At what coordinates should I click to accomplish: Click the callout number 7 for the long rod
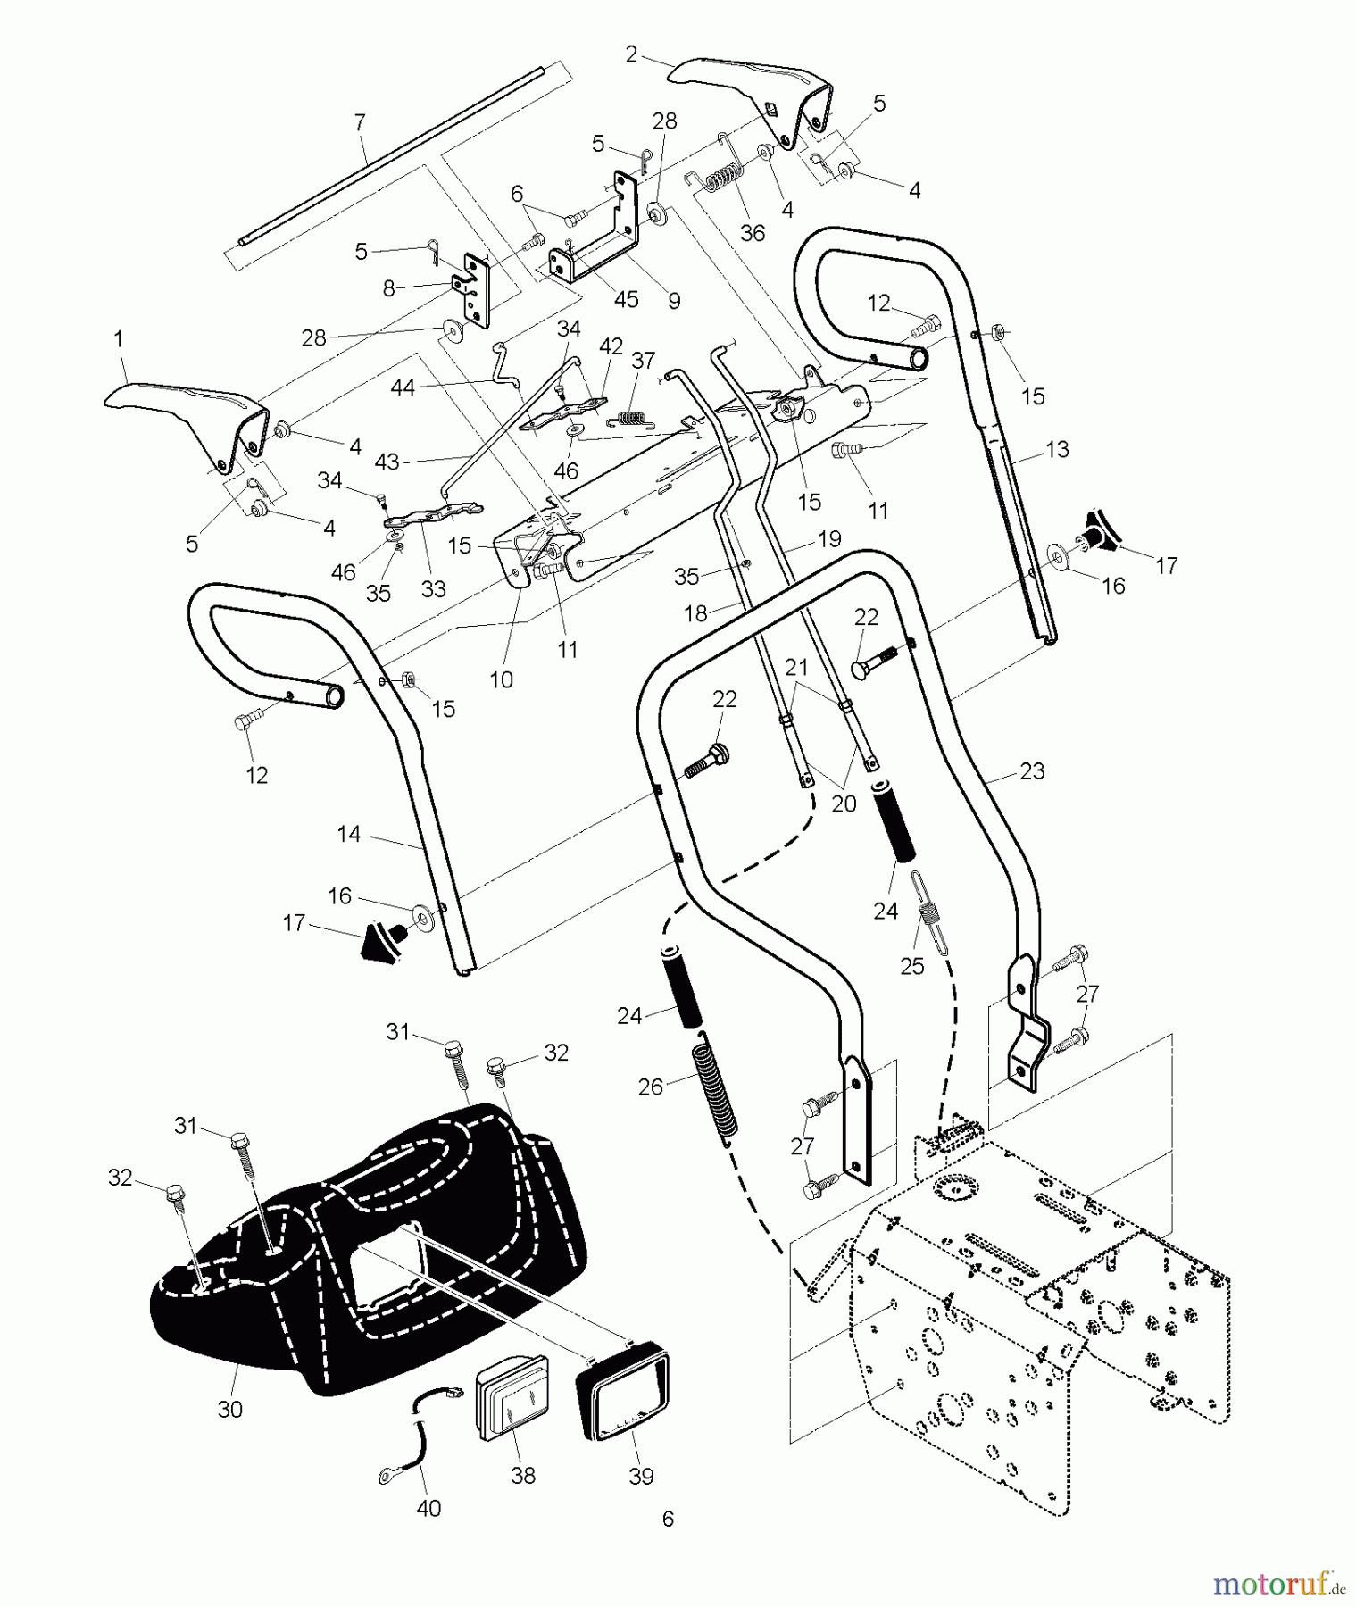[360, 122]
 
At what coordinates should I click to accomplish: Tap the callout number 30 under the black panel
[230, 1410]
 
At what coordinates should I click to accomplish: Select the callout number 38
[523, 1476]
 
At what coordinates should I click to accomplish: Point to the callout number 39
[641, 1476]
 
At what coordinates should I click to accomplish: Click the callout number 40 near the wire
[428, 1508]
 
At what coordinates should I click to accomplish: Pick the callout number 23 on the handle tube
[1032, 770]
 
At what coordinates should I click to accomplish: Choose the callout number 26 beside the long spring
[651, 1087]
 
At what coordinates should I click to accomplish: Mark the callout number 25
[911, 966]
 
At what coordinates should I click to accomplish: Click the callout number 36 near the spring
[753, 233]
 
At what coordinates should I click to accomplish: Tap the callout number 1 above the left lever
[118, 339]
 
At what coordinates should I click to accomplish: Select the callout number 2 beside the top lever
[631, 55]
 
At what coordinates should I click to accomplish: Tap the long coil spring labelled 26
[717, 1087]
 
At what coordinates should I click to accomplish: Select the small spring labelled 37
[632, 417]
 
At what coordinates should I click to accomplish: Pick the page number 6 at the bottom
[668, 1519]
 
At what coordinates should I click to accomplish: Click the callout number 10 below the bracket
[501, 679]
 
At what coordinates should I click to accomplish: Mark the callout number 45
[626, 299]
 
